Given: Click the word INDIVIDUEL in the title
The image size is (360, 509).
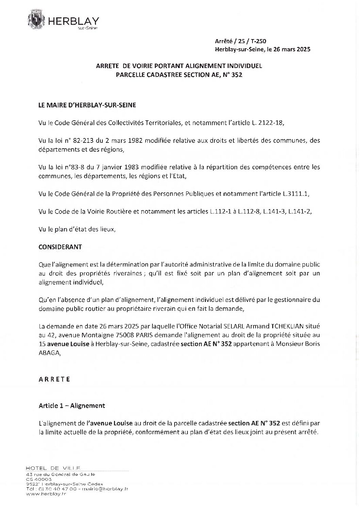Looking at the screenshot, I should point(246,66).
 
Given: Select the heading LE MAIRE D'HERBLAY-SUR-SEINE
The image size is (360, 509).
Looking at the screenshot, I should point(87,105).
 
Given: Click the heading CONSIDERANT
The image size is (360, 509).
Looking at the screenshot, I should point(60,247).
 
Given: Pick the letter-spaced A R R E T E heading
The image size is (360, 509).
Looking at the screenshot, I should point(54,379).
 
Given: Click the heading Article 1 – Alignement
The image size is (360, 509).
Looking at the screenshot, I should point(72,406).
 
